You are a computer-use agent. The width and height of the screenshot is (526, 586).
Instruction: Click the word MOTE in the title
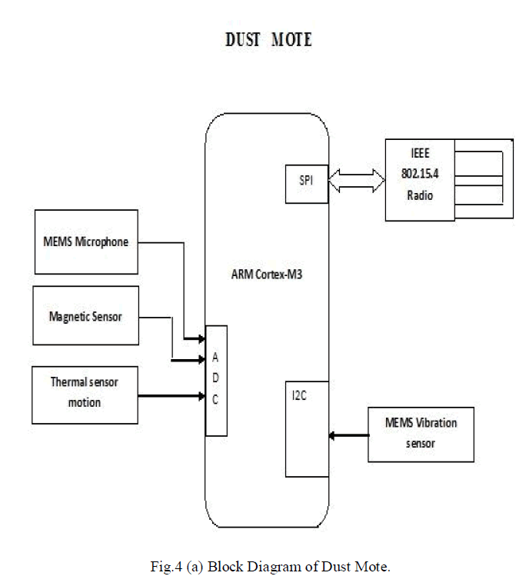291,40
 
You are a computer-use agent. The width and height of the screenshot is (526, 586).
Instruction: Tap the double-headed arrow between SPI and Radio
356,181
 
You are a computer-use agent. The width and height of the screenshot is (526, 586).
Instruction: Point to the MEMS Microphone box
85,241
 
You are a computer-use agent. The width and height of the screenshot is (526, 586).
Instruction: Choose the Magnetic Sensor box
85,315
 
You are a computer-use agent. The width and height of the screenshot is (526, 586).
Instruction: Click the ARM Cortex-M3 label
266,275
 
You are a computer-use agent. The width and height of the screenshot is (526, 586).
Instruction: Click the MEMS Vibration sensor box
421,435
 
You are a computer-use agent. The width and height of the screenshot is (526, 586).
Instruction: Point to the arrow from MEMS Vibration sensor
348,436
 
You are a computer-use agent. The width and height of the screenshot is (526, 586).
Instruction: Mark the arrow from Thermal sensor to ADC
172,397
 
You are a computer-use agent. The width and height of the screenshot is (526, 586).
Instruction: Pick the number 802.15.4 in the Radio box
420,175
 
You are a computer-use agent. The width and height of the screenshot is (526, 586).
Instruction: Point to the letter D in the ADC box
215,378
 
